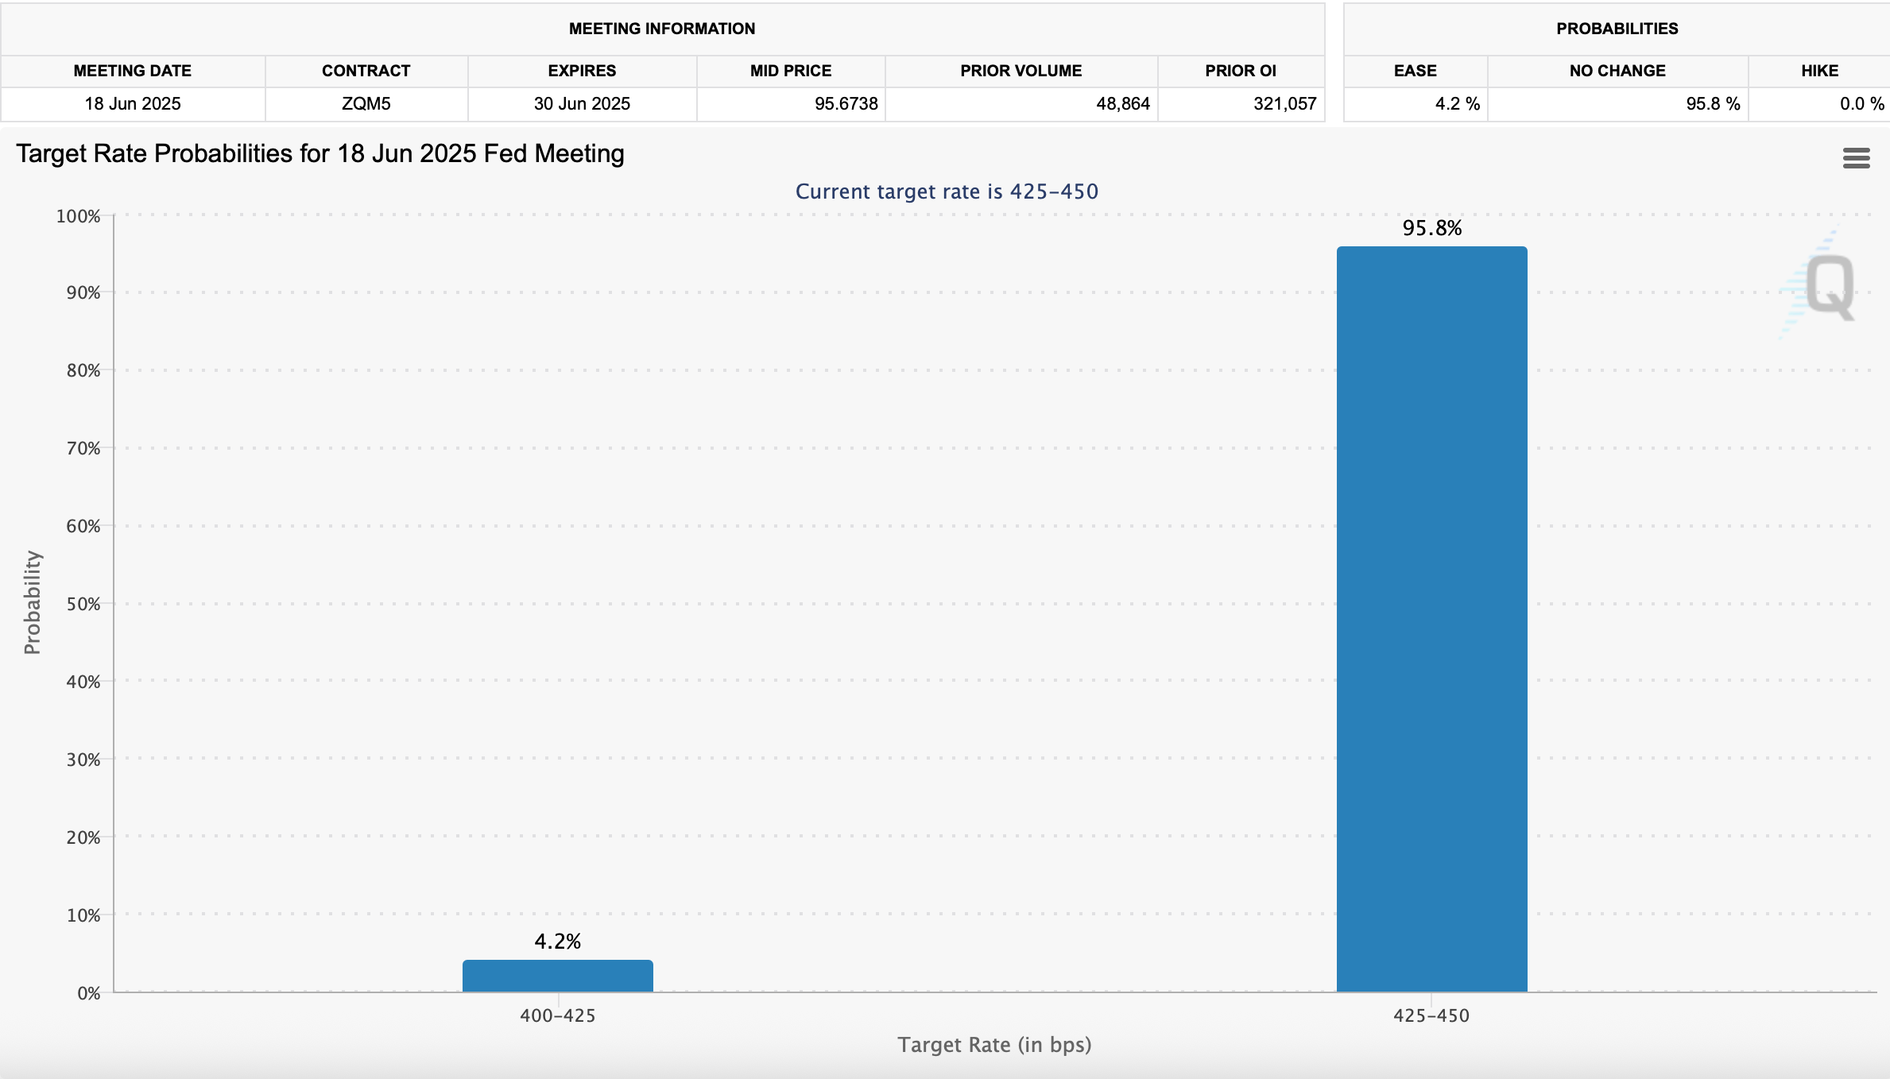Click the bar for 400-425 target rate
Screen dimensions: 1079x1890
click(x=557, y=976)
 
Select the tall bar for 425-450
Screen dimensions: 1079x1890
click(x=1431, y=620)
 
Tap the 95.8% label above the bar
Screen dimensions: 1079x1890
click(x=1431, y=228)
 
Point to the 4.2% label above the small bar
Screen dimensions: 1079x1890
click(x=557, y=942)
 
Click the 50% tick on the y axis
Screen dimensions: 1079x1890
click(x=83, y=604)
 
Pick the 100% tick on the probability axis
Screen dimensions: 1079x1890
click(x=78, y=216)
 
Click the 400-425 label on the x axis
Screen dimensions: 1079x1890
click(x=557, y=1015)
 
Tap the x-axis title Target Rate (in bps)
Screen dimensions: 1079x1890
click(x=994, y=1045)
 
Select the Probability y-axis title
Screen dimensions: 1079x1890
click(x=32, y=602)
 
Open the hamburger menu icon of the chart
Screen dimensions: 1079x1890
click(x=1856, y=158)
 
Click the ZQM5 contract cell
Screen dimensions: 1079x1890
click(x=366, y=104)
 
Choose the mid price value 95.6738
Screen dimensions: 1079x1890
click(x=846, y=104)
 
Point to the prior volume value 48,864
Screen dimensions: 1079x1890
click(x=1122, y=104)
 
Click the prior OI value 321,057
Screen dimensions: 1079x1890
click(x=1284, y=104)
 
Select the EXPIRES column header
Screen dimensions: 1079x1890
click(x=582, y=71)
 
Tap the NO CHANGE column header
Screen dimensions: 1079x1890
click(x=1617, y=71)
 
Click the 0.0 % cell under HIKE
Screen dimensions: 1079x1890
click(x=1861, y=104)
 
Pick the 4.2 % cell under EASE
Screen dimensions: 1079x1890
click(x=1457, y=104)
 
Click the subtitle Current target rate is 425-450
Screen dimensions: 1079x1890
click(x=947, y=191)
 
